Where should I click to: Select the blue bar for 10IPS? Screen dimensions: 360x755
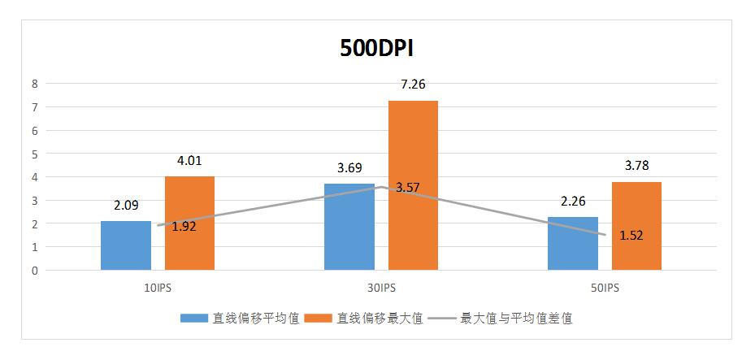click(126, 245)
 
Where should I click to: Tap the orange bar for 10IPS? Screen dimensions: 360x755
click(189, 223)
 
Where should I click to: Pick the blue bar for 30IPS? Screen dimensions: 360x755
click(349, 227)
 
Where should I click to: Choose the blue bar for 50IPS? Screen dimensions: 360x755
click(572, 243)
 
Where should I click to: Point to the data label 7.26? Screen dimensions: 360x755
click(413, 84)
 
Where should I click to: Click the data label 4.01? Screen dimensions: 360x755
click(189, 160)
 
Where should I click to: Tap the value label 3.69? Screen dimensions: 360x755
click(349, 167)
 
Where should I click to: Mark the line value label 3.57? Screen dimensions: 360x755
click(409, 188)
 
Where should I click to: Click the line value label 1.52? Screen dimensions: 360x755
click(632, 236)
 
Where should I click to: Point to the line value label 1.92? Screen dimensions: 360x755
click(184, 227)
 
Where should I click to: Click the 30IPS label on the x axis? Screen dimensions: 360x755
click(381, 288)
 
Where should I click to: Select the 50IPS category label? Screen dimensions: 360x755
click(605, 288)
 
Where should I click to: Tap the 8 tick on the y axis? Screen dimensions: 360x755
click(35, 83)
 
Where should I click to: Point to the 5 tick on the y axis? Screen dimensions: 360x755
click(35, 154)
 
